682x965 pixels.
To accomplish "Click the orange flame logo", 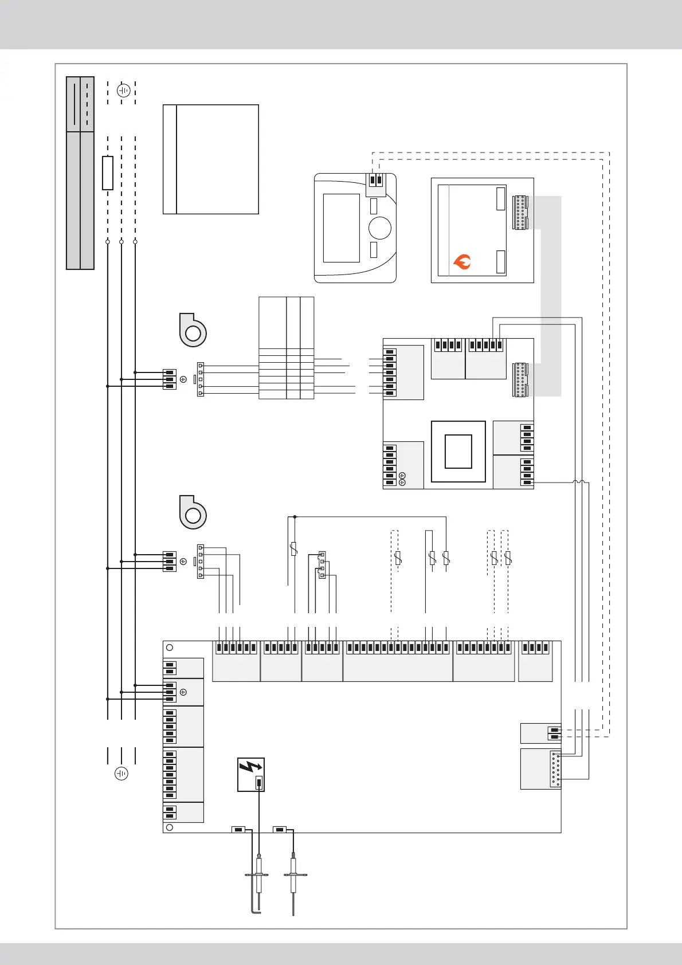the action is click(462, 262).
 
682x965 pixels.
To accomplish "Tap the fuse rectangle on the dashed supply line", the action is click(108, 172).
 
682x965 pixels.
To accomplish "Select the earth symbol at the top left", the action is click(123, 91).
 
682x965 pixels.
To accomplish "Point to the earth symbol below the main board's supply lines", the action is click(121, 774).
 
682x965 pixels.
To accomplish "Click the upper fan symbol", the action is click(193, 331).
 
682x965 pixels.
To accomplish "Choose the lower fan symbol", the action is click(193, 513).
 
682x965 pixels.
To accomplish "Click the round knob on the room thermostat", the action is click(379, 227).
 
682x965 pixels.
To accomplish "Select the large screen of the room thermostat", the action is click(341, 227).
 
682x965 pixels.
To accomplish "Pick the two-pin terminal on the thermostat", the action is click(375, 181).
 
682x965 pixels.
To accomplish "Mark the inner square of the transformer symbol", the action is click(458, 452).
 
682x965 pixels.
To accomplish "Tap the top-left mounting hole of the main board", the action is click(169, 648).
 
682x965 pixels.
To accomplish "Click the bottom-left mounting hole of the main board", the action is click(169, 827).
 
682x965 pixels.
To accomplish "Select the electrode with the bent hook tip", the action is click(258, 882).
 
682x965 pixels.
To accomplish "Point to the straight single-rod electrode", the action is click(294, 882).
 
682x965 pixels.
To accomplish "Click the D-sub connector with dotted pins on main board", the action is click(555, 769).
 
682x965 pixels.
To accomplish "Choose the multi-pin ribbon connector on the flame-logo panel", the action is click(520, 212).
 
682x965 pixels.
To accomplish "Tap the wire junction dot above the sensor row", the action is click(295, 517).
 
